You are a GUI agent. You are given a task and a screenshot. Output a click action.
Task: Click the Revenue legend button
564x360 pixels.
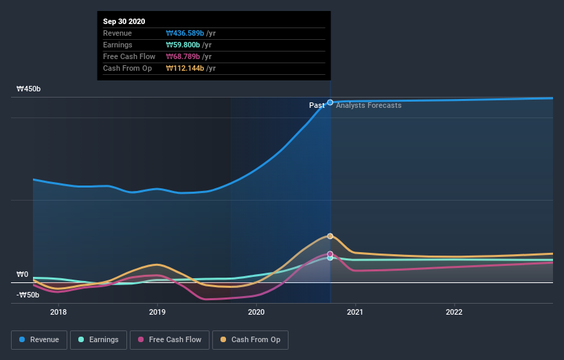point(39,339)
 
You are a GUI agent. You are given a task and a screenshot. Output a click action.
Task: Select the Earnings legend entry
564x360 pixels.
point(98,339)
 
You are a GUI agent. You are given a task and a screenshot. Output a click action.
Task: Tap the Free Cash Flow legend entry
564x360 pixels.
point(169,339)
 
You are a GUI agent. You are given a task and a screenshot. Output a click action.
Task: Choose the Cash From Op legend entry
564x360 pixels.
point(251,339)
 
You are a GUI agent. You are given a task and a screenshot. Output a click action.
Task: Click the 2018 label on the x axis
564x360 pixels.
point(58,312)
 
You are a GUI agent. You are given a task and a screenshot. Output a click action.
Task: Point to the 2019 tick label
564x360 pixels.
point(157,312)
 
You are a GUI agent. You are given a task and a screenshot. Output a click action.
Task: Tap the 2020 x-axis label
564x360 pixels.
point(256,312)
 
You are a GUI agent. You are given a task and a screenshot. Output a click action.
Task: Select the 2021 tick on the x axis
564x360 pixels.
point(355,312)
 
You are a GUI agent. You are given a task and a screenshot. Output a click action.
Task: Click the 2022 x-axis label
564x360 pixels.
point(454,312)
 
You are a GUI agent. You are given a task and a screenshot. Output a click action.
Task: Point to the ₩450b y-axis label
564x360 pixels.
point(30,89)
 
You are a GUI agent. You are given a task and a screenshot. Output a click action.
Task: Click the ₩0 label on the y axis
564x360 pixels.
point(23,275)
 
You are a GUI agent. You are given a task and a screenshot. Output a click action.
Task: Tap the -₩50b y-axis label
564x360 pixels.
point(27,295)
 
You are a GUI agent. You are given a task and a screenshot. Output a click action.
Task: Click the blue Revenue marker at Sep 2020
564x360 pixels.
point(330,102)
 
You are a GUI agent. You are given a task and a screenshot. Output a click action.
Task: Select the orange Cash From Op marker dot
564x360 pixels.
point(330,236)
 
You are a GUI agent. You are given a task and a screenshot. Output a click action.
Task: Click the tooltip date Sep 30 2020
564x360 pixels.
point(124,22)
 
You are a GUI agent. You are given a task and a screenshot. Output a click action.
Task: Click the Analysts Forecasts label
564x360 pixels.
point(369,105)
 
